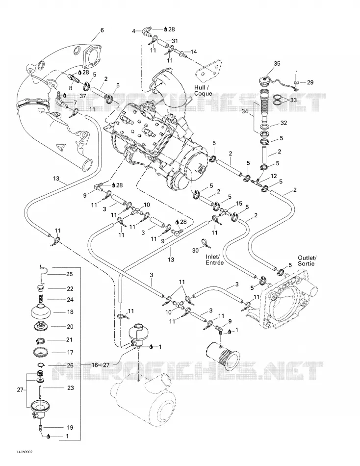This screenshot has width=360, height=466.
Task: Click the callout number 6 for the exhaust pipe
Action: pos(103,30)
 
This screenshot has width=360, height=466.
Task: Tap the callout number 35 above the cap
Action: pos(277,64)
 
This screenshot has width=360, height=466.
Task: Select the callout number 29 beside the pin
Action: pos(310,82)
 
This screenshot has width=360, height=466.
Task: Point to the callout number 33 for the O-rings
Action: pos(293,100)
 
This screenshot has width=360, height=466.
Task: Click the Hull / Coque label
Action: pos(203,91)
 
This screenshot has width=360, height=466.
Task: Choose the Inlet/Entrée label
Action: pos(214,260)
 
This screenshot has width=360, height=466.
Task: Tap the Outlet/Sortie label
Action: pos(308,260)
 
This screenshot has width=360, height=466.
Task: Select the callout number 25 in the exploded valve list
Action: pos(69,274)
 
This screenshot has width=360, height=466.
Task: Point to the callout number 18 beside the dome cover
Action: pos(70,312)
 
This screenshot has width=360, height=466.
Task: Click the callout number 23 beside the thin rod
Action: pos(71,388)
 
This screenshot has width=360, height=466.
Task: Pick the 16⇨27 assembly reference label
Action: pos(99,365)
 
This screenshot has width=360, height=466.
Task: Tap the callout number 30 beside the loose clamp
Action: pos(195,251)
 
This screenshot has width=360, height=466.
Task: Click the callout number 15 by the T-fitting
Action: pos(239,204)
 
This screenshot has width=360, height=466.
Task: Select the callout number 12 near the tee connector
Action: pos(274,176)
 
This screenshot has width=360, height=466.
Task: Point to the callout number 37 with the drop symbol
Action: pos(82,96)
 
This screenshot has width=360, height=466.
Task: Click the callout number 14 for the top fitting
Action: pos(194,52)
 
